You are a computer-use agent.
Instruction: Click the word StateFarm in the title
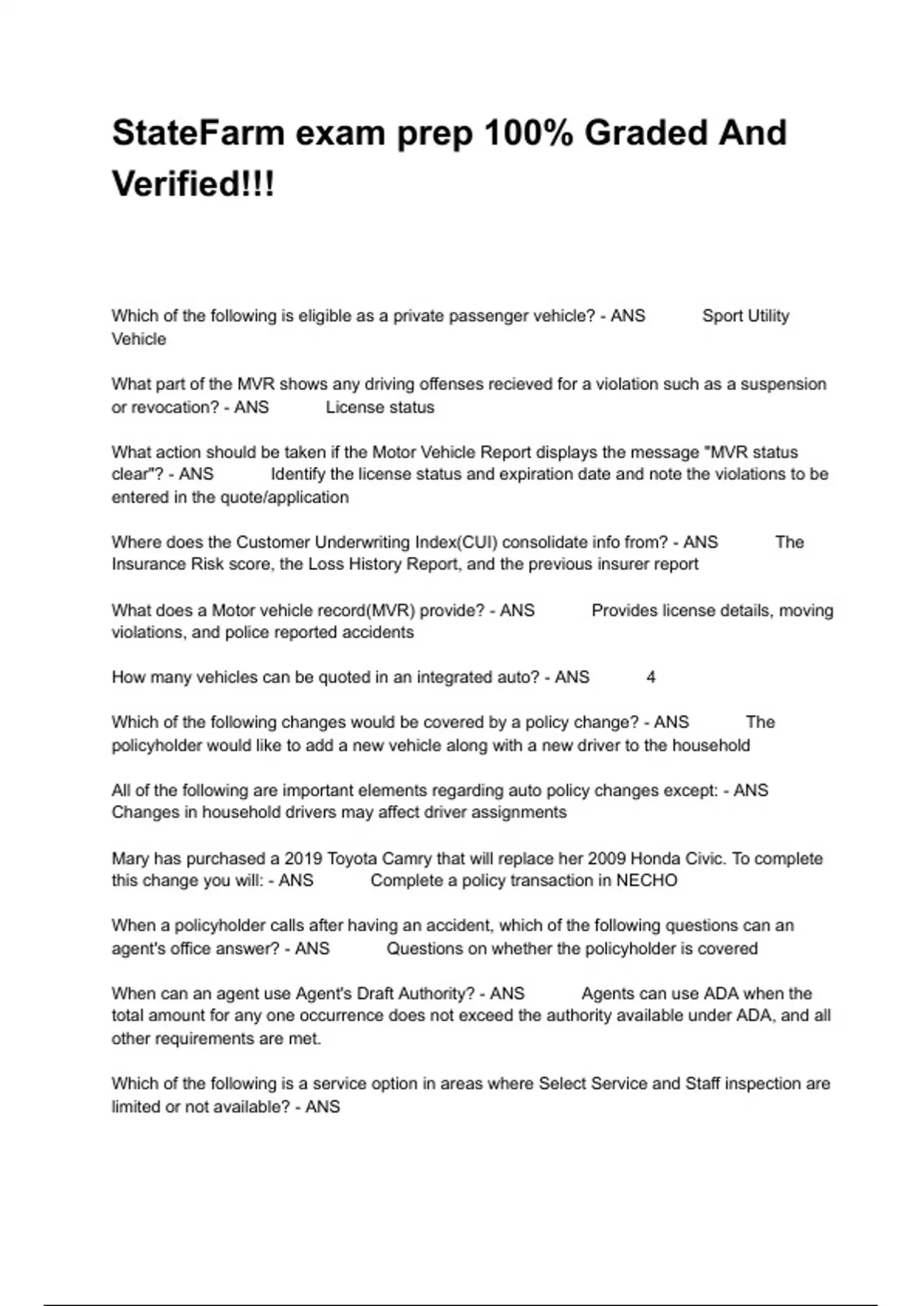point(198,133)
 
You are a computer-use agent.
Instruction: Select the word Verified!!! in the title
point(194,184)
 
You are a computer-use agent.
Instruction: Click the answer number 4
point(651,678)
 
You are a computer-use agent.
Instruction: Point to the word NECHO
point(647,880)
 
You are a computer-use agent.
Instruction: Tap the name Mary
point(131,858)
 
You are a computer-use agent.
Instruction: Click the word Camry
point(419,858)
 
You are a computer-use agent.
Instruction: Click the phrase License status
point(380,407)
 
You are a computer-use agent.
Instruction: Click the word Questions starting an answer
point(424,949)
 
